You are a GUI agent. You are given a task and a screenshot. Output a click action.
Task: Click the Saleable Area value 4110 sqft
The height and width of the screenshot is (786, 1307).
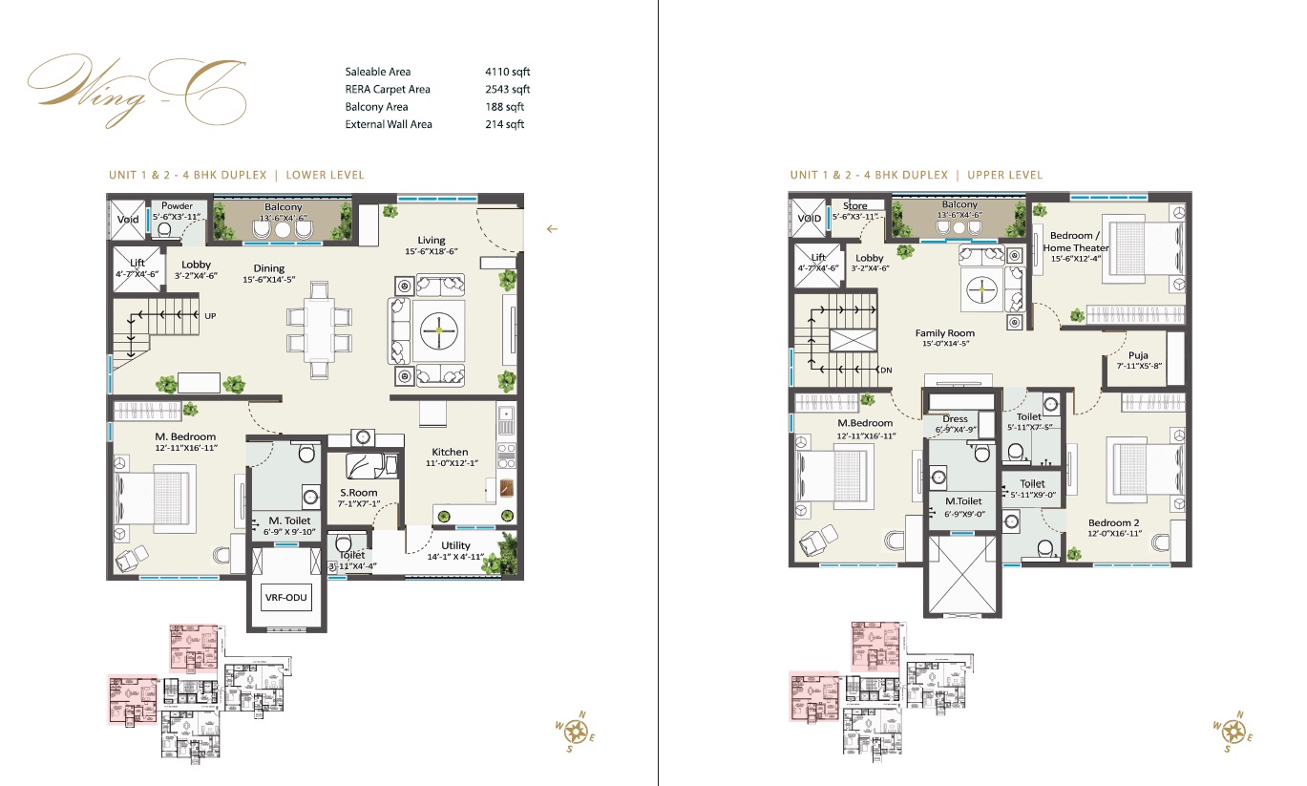click(506, 72)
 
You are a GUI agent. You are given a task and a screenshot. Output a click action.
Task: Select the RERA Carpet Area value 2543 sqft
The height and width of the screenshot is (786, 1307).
click(506, 89)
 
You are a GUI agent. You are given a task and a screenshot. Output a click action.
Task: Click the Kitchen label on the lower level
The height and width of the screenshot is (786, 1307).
click(450, 452)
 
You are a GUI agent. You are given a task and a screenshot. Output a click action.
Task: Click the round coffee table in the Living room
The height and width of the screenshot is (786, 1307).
click(438, 329)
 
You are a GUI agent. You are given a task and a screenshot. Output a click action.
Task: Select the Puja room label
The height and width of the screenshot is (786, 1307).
click(1138, 355)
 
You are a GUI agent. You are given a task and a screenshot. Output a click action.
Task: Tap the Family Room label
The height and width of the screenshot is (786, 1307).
click(944, 333)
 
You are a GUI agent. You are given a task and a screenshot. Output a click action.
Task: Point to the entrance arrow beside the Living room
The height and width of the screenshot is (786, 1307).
click(552, 228)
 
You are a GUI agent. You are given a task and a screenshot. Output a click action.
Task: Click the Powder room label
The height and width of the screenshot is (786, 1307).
click(177, 206)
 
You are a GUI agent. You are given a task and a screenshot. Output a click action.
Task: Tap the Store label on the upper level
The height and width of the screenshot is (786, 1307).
click(855, 205)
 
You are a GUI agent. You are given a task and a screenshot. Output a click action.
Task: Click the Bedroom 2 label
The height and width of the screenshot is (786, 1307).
click(1114, 523)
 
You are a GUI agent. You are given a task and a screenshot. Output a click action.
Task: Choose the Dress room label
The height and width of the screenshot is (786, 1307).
click(955, 418)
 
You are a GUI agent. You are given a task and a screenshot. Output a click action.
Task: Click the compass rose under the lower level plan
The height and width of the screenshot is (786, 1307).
click(575, 732)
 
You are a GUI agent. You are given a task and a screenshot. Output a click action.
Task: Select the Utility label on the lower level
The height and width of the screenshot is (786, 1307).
click(456, 545)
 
